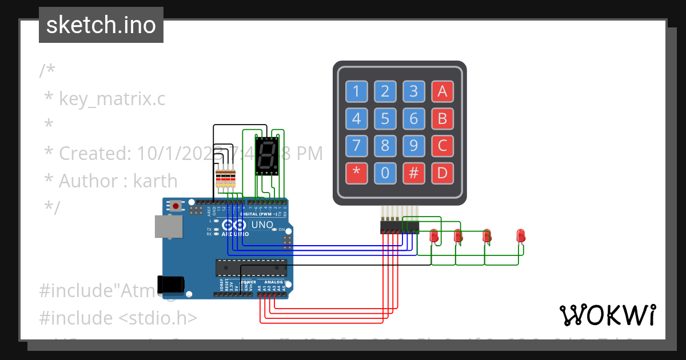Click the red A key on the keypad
coord(442,91)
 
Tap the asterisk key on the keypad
coord(356,173)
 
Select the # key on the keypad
coord(413,173)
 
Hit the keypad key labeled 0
coord(385,173)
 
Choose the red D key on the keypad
coord(442,173)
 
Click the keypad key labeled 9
coord(413,146)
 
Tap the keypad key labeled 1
coord(356,91)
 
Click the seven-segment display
coord(266,155)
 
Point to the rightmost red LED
coord(520,235)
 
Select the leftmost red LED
coord(434,235)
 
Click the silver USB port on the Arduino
coord(169,226)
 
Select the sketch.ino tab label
coord(101,25)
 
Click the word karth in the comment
coord(155,181)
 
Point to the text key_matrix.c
coord(112,99)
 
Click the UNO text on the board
coord(262,225)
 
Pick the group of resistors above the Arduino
coord(225,179)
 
